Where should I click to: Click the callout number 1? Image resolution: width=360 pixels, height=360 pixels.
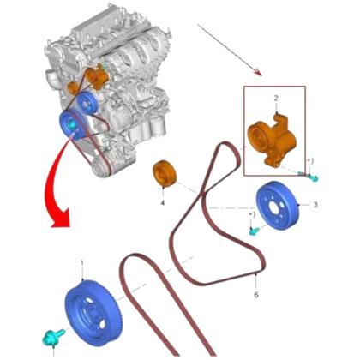pos(82,261)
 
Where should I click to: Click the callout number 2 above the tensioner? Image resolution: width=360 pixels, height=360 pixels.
pos(276,99)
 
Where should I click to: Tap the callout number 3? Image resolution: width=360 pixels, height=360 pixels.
pos(315,205)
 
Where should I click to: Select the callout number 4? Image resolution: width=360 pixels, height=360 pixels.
pos(161,203)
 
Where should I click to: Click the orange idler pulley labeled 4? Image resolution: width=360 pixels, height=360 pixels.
pos(164,174)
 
